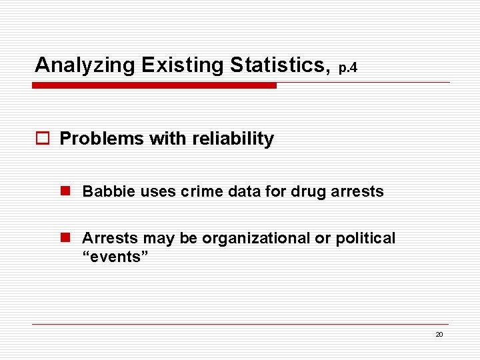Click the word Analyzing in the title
tap(85, 66)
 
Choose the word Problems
tap(102, 139)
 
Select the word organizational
tap(246, 238)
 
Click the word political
tap(365, 238)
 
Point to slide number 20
tap(439, 335)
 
